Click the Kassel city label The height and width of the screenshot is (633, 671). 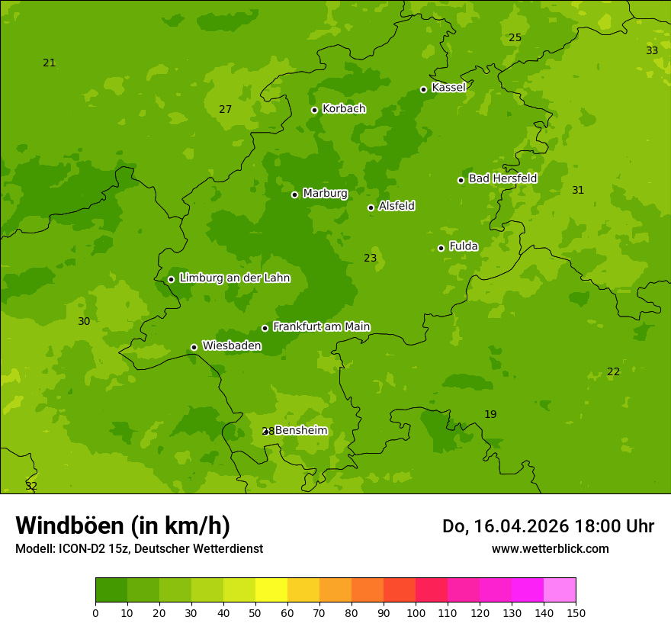(448, 88)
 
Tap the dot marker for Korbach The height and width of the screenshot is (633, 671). (314, 110)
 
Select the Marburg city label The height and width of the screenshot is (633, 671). (325, 194)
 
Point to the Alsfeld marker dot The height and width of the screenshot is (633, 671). (371, 207)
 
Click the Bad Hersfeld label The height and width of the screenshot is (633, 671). (502, 178)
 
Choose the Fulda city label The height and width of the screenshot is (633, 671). (464, 246)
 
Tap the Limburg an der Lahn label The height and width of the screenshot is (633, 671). (234, 278)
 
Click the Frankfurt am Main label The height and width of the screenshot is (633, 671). (321, 326)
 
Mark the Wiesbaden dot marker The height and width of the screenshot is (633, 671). (194, 347)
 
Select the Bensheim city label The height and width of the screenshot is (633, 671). (300, 430)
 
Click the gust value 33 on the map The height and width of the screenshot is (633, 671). (652, 50)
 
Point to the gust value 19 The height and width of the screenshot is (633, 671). (490, 414)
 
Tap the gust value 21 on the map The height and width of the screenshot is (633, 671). (50, 63)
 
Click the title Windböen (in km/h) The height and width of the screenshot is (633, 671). (123, 525)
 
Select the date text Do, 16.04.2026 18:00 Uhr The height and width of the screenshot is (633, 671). (547, 526)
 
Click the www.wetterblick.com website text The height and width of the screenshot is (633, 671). (550, 548)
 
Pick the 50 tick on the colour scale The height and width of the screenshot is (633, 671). (255, 612)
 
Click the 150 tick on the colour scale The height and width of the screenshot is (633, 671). (576, 612)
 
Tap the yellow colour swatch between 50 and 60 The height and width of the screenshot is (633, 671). (271, 590)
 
